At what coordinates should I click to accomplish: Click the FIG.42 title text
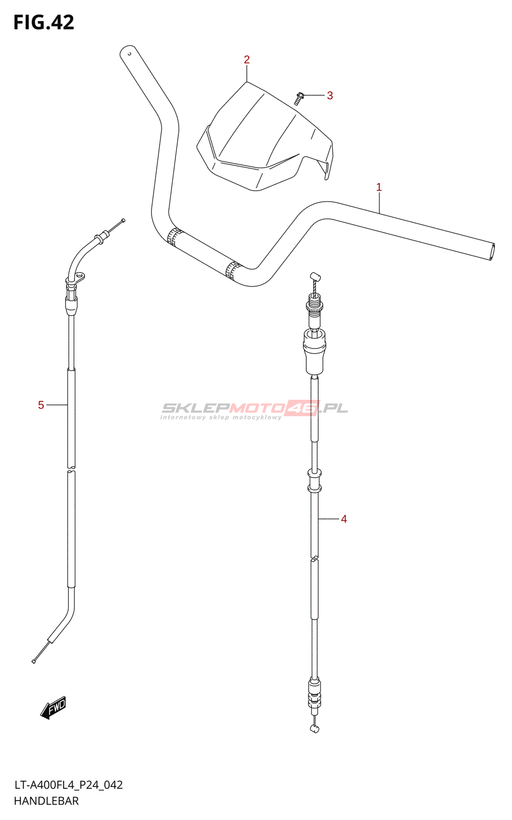pos(44,23)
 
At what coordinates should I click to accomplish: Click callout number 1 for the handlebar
pos(379,188)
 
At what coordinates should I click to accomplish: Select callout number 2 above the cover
pos(247,59)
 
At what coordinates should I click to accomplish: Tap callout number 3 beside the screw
pos(330,95)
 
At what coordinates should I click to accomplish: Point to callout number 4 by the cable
pos(344,519)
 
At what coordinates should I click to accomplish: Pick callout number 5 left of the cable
pos(41,405)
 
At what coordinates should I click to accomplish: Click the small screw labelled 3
pos(298,98)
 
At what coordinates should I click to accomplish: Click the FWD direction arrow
pos(53,707)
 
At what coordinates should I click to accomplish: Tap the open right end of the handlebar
pos(492,252)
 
